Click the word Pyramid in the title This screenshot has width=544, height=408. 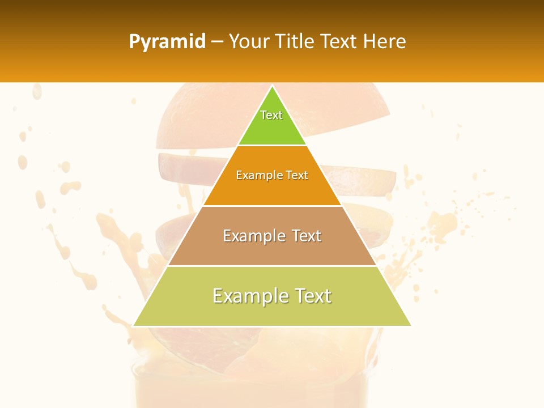coord(167,42)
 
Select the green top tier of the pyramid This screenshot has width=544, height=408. coord(272,127)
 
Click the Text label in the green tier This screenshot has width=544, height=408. coord(271,115)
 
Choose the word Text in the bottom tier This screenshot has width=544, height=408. coord(312,296)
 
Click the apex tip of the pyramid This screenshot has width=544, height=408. coord(272,87)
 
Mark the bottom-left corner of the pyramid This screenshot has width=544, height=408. coord(134,325)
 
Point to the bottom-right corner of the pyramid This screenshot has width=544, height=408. coord(411,325)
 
